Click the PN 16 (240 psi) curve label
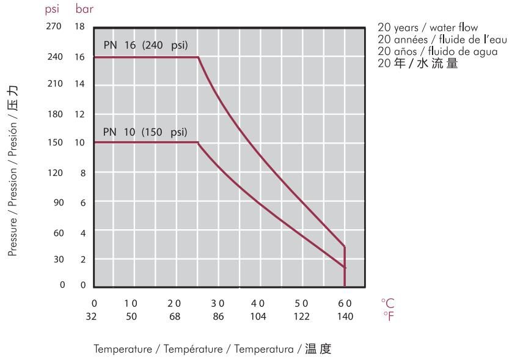click(x=145, y=46)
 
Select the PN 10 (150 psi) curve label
click(x=145, y=132)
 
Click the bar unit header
click(x=84, y=10)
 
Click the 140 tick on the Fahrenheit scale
click(x=346, y=316)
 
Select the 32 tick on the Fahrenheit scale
click(x=94, y=316)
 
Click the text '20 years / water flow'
click(x=428, y=28)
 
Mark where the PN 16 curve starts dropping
click(x=199, y=57)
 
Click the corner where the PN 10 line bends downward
click(x=199, y=142)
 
